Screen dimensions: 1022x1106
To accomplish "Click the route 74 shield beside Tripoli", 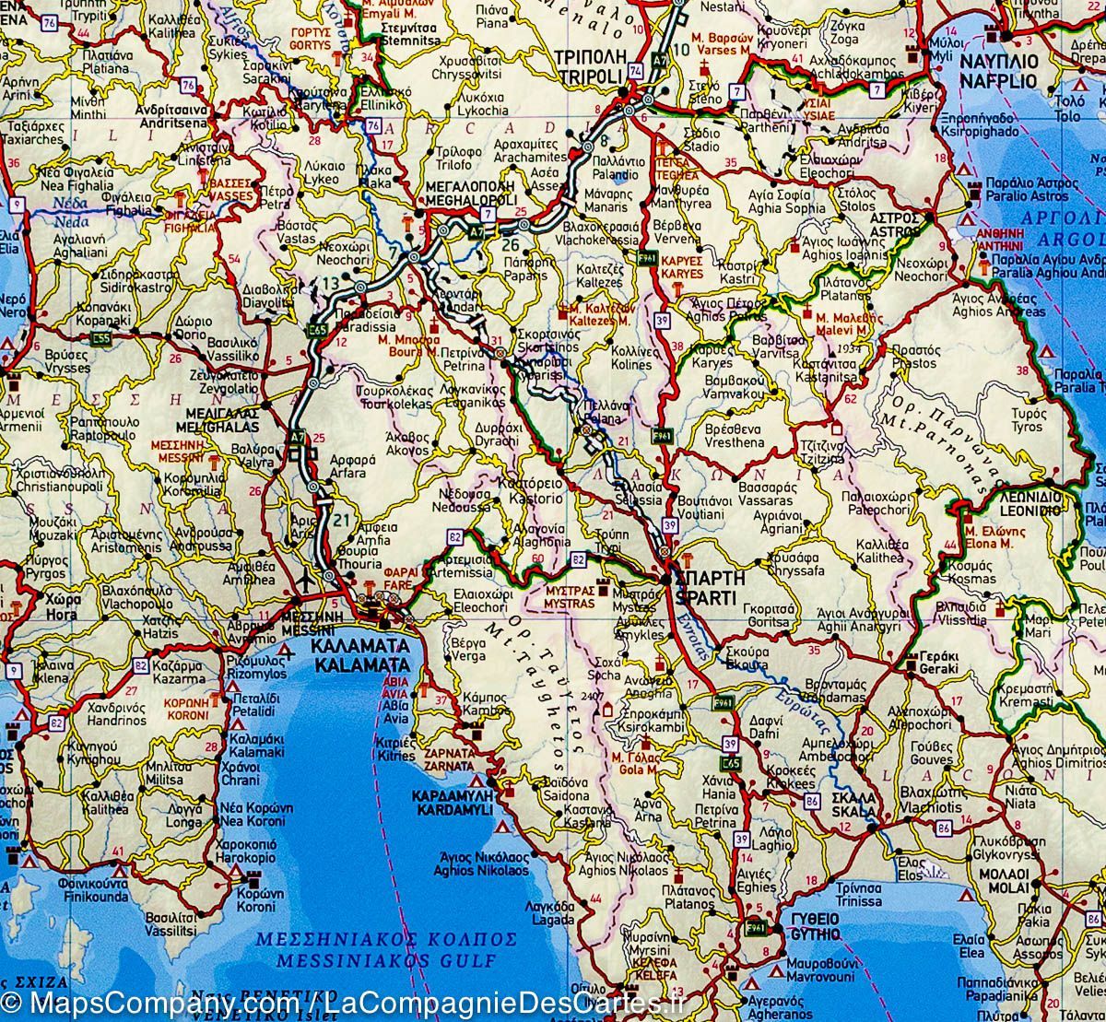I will [635, 71].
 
